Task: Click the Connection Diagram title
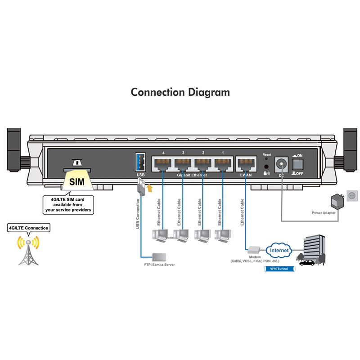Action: point(180,92)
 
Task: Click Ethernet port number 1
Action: point(222,163)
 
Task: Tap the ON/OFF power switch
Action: point(297,164)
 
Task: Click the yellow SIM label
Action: point(76,182)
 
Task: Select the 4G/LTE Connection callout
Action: point(29,228)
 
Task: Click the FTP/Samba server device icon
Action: point(159,257)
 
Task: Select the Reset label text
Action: point(267,154)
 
